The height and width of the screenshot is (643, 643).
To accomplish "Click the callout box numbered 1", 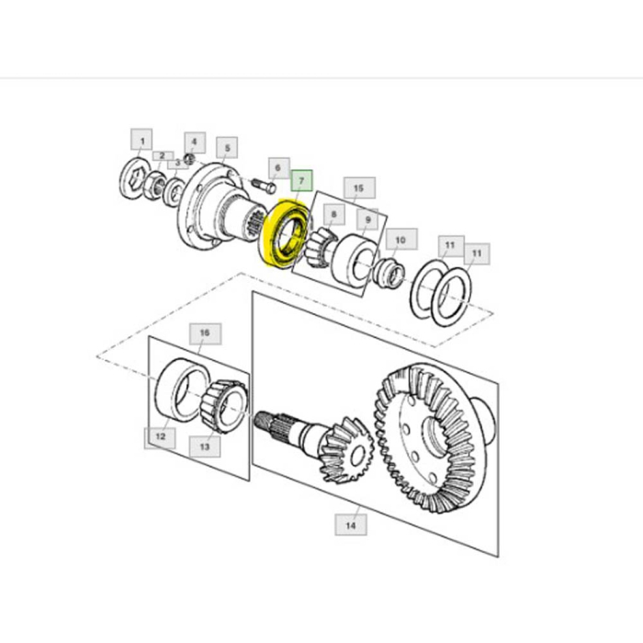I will pyautogui.click(x=141, y=141).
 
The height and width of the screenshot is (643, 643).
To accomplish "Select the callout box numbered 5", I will pyautogui.click(x=224, y=146).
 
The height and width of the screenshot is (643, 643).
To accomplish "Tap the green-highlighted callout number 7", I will pyautogui.click(x=301, y=180).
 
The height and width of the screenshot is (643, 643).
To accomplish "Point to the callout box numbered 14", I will pyautogui.click(x=350, y=525).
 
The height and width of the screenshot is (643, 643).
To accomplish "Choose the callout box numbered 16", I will pyautogui.click(x=204, y=333).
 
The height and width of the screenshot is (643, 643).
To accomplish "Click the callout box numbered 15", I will pyautogui.click(x=358, y=188).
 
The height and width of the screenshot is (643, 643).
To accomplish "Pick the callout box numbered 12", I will pyautogui.click(x=159, y=436).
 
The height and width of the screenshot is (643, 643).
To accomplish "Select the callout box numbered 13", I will pyautogui.click(x=204, y=446).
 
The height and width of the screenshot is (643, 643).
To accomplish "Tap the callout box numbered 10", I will pyautogui.click(x=400, y=242).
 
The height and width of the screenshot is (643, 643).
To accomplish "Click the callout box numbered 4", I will pyautogui.click(x=192, y=142).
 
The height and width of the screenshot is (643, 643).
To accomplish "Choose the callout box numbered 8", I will pyautogui.click(x=333, y=217).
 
